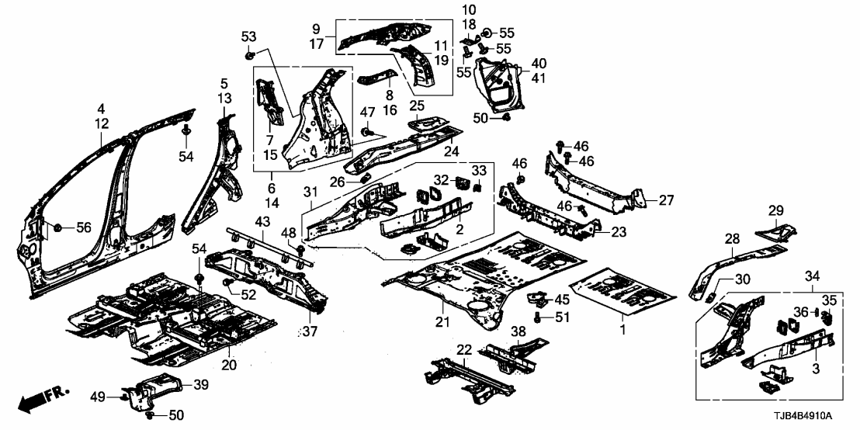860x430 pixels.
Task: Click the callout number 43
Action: tap(263, 223)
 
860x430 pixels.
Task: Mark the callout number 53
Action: tap(248, 36)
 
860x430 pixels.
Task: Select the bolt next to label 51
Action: tap(538, 317)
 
